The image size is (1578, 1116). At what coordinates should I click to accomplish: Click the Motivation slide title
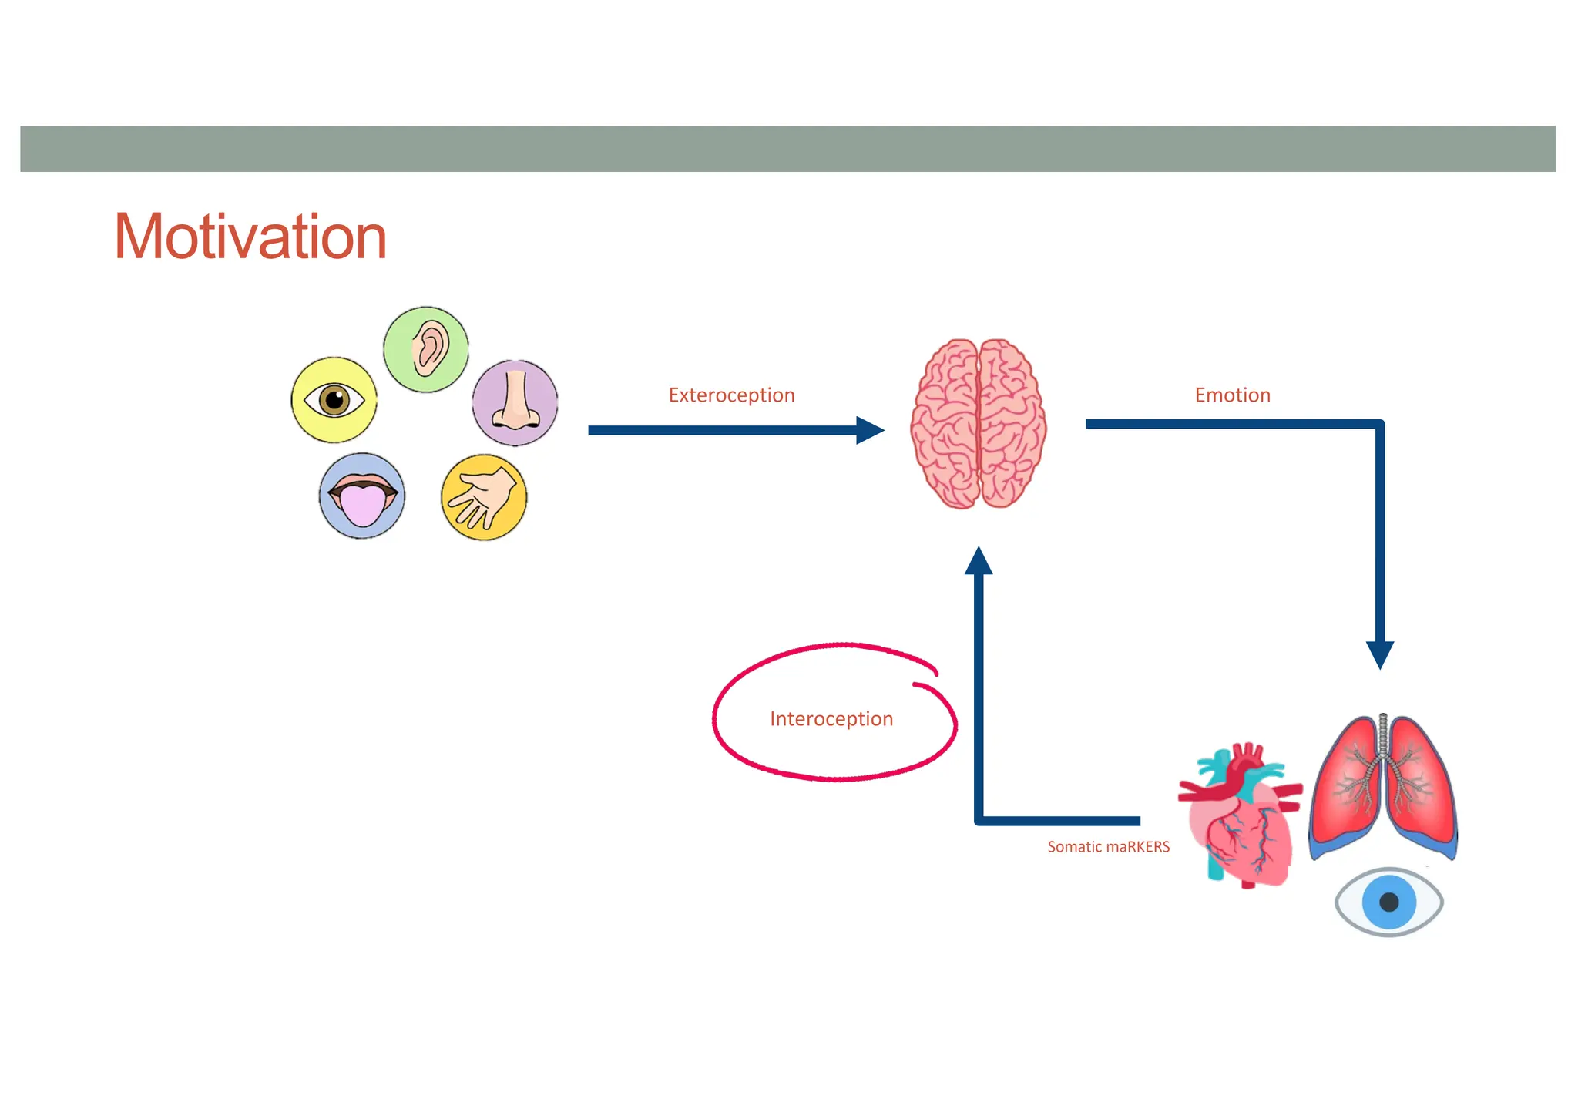coord(250,237)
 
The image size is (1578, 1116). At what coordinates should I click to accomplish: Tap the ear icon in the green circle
coord(426,349)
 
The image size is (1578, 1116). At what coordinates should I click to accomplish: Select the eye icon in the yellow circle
coord(334,399)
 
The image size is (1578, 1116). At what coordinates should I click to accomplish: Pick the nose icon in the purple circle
coord(515,402)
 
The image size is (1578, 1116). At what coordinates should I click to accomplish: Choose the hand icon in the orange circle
coord(484,497)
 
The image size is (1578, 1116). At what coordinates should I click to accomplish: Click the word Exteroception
coord(731,395)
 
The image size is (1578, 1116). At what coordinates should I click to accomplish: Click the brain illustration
coord(978,424)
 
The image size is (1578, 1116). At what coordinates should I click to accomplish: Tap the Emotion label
coord(1232,395)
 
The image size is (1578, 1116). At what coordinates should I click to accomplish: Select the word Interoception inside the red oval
coord(831,719)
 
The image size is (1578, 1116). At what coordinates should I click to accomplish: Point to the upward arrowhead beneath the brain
coord(979,561)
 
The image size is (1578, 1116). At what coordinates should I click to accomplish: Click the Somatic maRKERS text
coord(1108,847)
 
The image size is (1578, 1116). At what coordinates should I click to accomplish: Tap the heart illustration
coord(1239,817)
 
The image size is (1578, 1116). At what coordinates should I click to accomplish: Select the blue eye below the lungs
coord(1388,902)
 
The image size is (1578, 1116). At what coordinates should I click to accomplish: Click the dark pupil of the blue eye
coord(1389,903)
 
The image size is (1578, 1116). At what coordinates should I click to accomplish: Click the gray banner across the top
coord(787,149)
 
